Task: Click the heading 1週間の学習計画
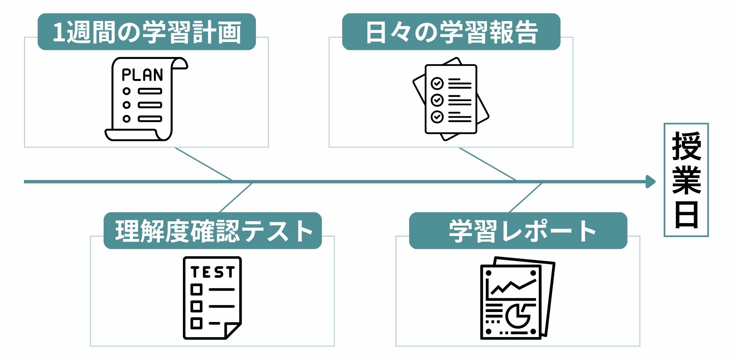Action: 147,32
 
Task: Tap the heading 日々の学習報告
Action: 451,32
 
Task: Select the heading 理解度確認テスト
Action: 213,231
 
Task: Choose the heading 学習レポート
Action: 518,231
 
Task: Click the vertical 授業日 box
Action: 686,180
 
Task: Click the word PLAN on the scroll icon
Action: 142,75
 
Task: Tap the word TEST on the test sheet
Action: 213,272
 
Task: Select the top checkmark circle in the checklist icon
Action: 437,83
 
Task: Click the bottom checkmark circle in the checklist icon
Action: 437,117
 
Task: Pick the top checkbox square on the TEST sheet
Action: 196,289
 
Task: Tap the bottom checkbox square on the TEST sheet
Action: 196,323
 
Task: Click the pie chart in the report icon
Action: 517,315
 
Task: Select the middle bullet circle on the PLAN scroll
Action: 126,105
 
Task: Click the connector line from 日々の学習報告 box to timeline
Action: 487,164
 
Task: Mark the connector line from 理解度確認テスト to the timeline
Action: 236,197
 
